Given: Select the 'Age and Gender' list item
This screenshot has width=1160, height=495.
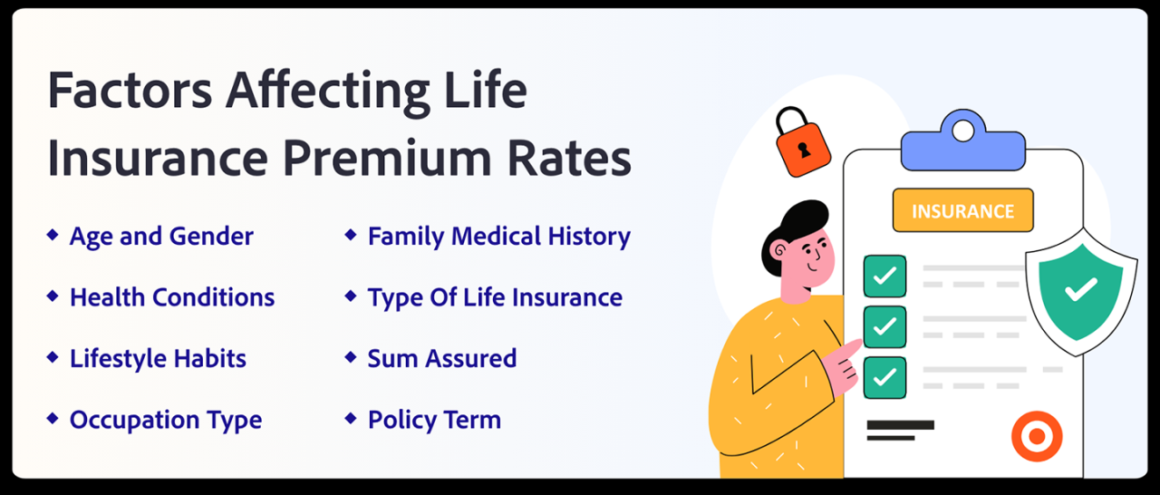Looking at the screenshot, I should [x=161, y=237].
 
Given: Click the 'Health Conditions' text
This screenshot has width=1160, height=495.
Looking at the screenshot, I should [x=172, y=297].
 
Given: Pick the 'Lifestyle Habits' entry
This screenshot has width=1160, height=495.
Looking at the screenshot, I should [x=158, y=358].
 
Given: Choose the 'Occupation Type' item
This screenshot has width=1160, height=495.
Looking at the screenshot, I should [x=166, y=420].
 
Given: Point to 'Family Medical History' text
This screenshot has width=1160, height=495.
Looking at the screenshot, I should [x=498, y=237].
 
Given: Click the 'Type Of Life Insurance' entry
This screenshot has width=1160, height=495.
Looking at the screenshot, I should [x=495, y=297].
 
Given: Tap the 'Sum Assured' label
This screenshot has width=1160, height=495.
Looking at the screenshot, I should [x=442, y=358].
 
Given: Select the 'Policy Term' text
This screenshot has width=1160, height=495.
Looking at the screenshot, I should [x=434, y=420].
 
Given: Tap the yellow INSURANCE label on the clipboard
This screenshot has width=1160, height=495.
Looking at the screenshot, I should [x=962, y=211].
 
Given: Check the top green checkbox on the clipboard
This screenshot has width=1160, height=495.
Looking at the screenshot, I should [x=884, y=276].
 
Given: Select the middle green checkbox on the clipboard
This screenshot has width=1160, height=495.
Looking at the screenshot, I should [x=884, y=326].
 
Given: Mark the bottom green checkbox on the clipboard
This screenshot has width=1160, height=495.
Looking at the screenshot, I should [x=884, y=377].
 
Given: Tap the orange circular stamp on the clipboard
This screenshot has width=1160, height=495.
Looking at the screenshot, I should [x=1036, y=438].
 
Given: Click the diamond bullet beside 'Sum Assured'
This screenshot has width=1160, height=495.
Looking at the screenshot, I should [x=351, y=357].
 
